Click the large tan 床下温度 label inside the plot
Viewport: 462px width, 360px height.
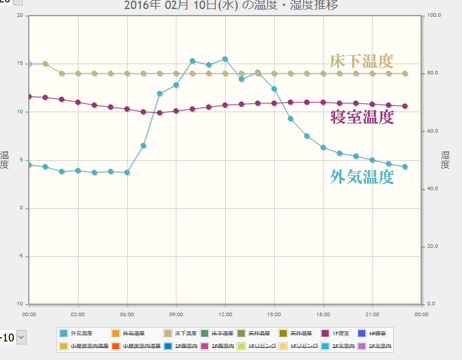pos(361,61)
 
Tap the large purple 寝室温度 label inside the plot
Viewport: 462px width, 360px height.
pos(362,116)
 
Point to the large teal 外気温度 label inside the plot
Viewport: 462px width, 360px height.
pos(362,176)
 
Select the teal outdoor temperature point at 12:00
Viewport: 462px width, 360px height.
pos(225,59)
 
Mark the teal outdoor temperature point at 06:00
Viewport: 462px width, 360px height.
pos(127,172)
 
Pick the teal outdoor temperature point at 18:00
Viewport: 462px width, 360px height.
pos(323,147)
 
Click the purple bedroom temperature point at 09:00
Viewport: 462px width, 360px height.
pos(176,111)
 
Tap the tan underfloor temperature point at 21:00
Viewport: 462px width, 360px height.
pos(372,74)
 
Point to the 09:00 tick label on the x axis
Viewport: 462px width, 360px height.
pos(176,313)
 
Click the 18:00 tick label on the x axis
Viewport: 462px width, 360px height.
pos(323,313)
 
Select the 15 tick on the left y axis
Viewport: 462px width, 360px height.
pos(20,64)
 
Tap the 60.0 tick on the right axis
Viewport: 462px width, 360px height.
pos(432,131)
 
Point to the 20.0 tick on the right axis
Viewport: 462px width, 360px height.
pos(432,247)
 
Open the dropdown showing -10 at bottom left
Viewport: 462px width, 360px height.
pos(22,338)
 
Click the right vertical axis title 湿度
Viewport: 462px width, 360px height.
pos(445,160)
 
